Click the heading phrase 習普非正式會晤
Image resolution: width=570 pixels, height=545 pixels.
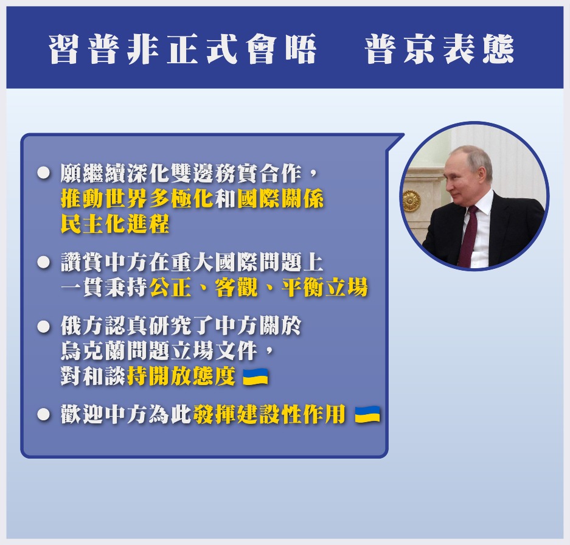point(182,49)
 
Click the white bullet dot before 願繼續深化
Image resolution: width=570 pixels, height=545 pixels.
point(44,173)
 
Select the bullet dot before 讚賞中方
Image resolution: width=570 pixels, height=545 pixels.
point(44,262)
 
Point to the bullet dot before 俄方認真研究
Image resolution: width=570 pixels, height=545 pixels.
point(44,326)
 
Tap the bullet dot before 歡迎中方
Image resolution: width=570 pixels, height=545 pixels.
point(44,414)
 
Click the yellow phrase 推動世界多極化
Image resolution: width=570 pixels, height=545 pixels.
point(137,199)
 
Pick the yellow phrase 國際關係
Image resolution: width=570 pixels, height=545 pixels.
point(280,199)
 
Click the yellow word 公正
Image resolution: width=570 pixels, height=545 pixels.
point(170,288)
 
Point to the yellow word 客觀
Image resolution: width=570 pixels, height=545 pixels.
point(236,288)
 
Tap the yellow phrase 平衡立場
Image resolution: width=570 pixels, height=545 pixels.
point(324,288)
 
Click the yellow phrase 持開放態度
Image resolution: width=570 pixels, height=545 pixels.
point(181,376)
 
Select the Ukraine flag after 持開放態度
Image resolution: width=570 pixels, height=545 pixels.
point(255,377)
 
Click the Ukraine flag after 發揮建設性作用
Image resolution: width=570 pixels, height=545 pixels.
point(367,414)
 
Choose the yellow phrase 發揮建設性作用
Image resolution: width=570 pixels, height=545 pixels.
point(269,414)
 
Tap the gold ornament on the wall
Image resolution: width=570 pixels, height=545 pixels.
point(411,201)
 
